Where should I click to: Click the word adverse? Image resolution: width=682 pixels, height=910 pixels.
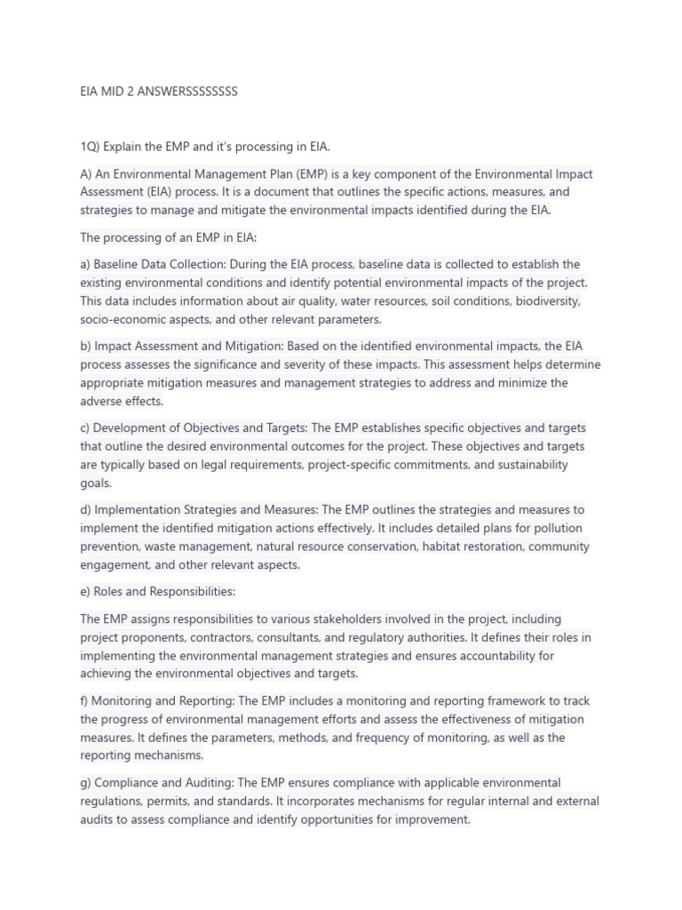click(x=102, y=401)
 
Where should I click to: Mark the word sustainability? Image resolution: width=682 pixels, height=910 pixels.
click(x=528, y=464)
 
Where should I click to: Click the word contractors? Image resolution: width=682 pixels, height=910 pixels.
click(x=208, y=637)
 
